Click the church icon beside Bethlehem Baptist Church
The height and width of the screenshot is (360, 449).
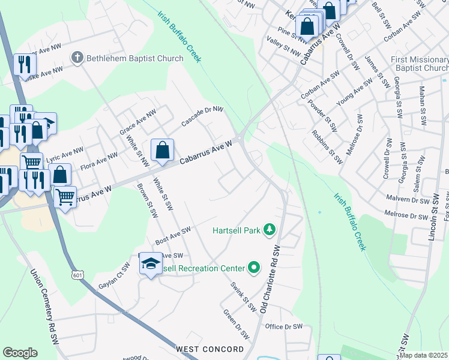(x=77, y=58)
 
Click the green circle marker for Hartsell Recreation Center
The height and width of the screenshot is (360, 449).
(x=254, y=268)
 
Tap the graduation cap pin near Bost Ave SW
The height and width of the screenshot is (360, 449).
(x=151, y=264)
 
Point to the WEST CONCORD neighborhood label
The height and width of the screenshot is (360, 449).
(x=209, y=349)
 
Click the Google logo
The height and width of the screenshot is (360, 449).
(x=20, y=353)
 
